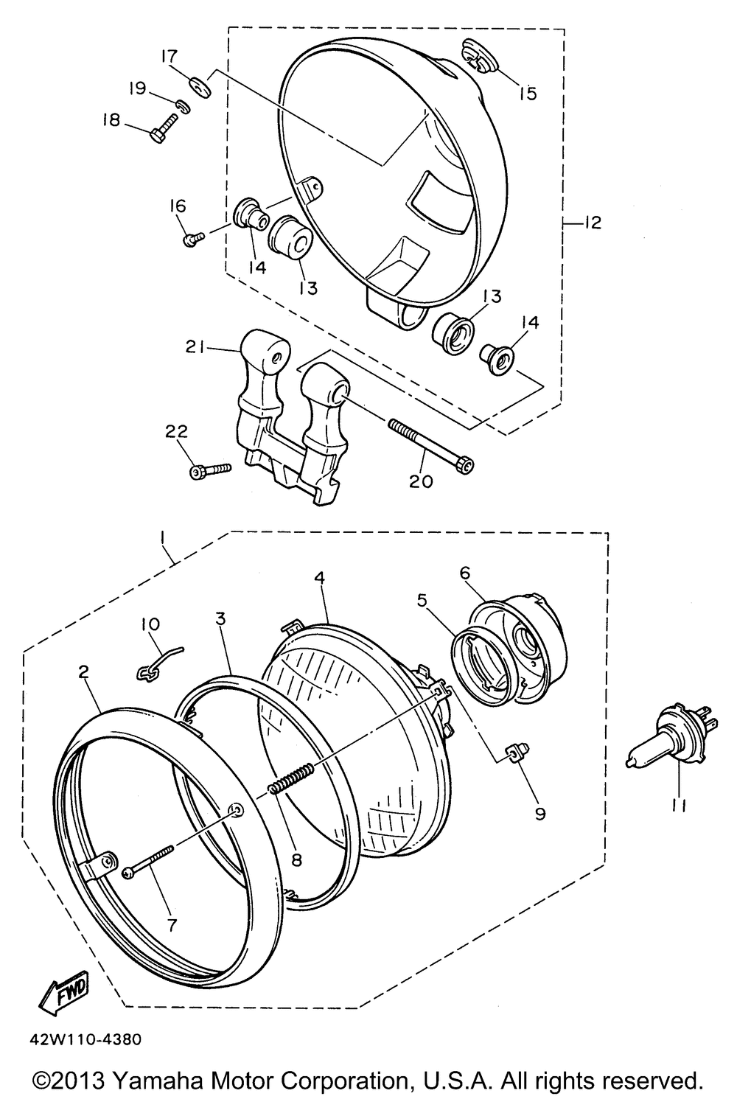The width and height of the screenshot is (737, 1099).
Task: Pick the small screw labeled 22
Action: coord(210,469)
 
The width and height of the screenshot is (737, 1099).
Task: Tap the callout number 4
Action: coord(319,579)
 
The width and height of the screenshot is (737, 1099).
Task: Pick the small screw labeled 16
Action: coord(194,237)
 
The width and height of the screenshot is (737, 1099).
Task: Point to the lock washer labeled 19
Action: coord(184,107)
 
